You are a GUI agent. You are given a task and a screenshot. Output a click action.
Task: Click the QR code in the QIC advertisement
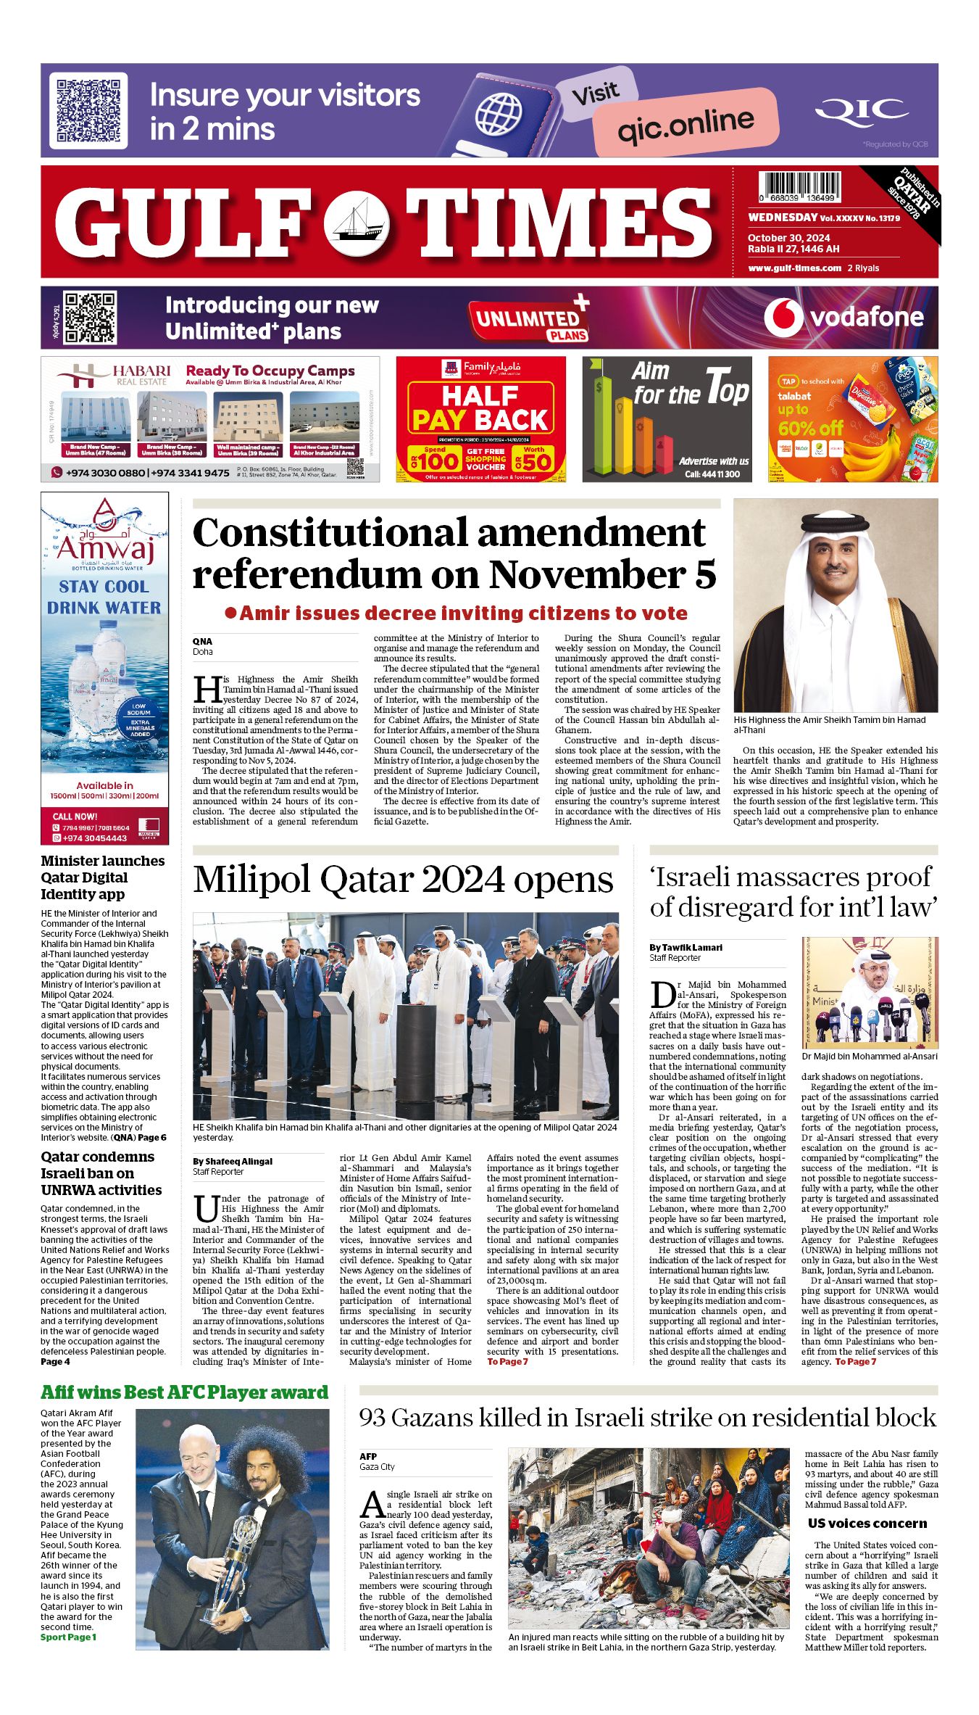88,110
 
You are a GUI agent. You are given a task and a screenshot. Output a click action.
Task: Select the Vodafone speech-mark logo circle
783,317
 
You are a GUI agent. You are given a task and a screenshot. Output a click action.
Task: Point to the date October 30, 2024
788,238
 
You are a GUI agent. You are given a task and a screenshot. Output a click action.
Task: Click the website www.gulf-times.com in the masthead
794,268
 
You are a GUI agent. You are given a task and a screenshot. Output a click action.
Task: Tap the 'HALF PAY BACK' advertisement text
480,408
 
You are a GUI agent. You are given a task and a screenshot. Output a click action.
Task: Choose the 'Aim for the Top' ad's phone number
712,474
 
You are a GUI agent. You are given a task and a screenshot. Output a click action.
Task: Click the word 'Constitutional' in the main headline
330,534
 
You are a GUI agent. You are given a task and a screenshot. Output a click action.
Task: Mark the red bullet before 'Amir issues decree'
231,613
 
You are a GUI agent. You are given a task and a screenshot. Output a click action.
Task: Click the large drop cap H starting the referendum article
207,689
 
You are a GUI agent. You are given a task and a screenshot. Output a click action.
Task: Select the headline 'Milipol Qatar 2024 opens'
403,880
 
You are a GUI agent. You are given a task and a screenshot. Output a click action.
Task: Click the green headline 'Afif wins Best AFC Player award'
185,1392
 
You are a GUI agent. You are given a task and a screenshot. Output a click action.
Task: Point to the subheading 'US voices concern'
867,1524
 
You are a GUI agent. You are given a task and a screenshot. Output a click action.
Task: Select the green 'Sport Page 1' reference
68,1637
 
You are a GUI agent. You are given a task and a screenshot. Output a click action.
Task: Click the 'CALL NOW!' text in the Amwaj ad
75,817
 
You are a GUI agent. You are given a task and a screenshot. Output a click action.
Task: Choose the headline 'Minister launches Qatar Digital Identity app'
103,877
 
